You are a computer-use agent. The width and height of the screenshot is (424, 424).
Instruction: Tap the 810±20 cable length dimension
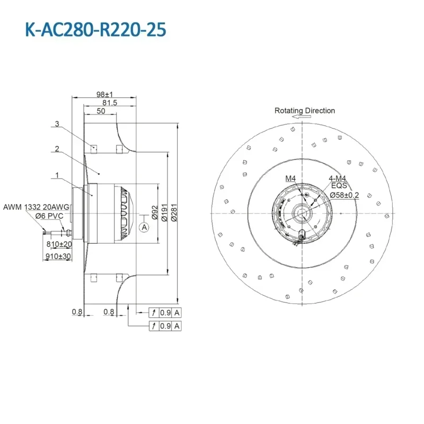[59, 244]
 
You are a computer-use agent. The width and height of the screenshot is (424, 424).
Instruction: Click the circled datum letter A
[143, 227]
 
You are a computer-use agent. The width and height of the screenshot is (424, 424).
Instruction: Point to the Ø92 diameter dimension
[155, 213]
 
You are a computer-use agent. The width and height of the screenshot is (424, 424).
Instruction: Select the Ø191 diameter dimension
[165, 213]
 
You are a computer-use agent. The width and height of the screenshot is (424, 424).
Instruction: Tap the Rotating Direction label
[305, 111]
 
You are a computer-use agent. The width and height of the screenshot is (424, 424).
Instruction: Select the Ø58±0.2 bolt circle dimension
[344, 195]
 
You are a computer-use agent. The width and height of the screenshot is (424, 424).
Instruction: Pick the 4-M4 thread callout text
[339, 179]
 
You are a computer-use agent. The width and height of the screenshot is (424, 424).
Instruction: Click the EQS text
[339, 186]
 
